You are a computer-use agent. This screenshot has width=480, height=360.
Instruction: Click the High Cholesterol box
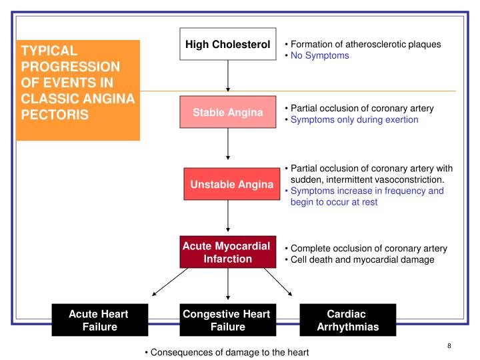click(x=228, y=45)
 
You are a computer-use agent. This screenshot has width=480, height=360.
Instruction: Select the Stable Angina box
click(x=228, y=112)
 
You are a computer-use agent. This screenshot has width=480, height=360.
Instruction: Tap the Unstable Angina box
click(x=228, y=184)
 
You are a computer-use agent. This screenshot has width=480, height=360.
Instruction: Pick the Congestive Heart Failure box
click(x=228, y=319)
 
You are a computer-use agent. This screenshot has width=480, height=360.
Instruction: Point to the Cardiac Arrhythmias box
click(x=348, y=319)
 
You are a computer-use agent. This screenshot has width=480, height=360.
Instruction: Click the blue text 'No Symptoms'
click(x=318, y=56)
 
